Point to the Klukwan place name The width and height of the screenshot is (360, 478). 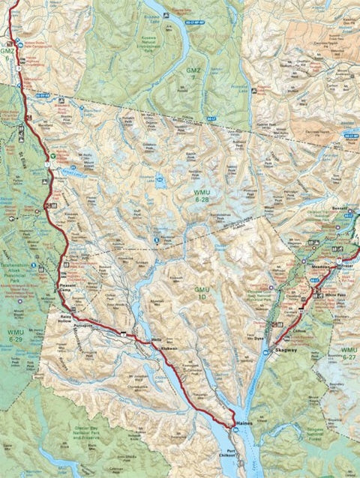click(x=171, y=349)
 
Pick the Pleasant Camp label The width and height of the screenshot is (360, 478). click(x=69, y=288)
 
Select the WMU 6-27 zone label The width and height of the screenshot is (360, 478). click(x=349, y=354)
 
